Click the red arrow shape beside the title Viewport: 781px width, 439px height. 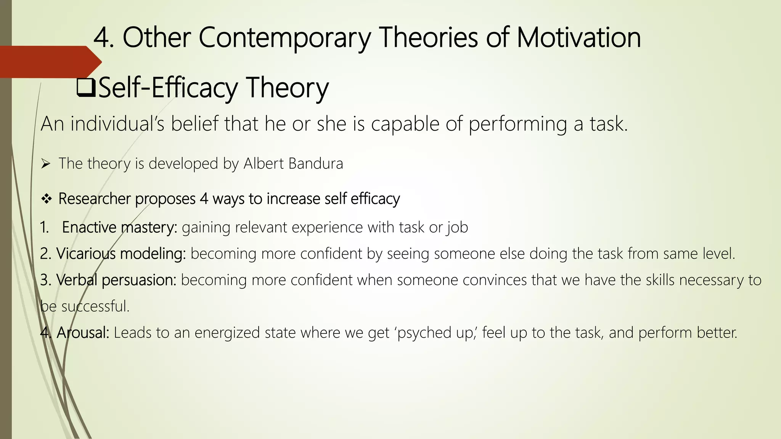[50, 62]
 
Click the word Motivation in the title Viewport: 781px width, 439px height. [579, 38]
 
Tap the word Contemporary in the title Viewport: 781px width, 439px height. [284, 38]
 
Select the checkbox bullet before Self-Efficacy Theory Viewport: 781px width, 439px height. [86, 87]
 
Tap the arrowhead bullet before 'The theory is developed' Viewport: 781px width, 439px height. [46, 164]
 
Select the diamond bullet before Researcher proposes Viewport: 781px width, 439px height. [46, 199]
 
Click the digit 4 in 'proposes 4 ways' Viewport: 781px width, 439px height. [204, 199]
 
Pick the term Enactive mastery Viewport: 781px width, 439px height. [119, 228]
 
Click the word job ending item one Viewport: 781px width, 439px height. [458, 228]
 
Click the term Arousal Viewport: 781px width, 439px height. [83, 333]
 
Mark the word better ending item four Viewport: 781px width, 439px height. [717, 333]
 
